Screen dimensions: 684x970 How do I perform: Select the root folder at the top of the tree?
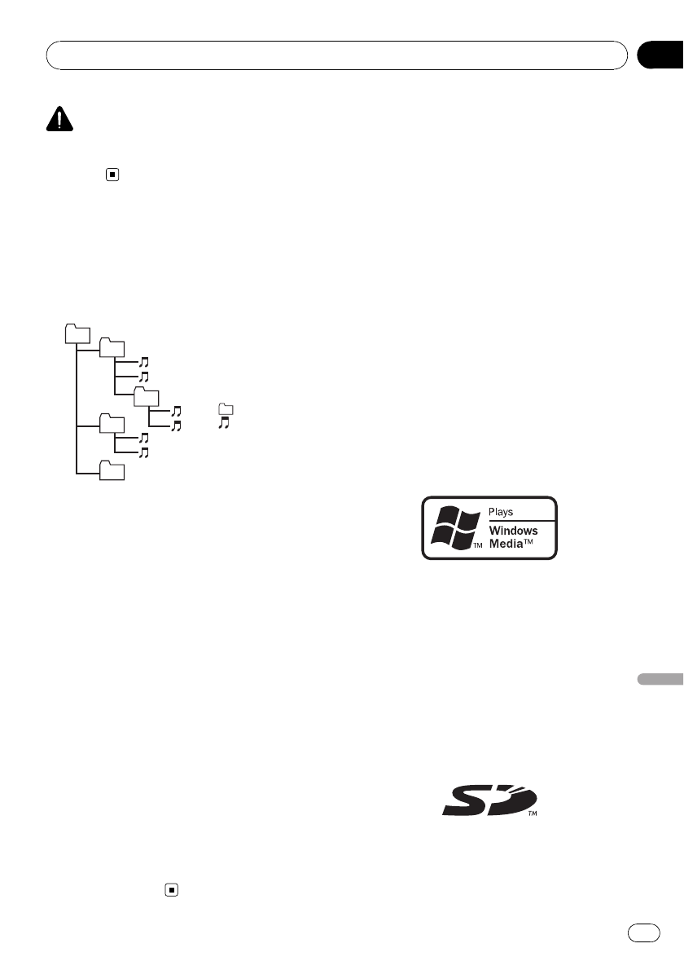(x=76, y=333)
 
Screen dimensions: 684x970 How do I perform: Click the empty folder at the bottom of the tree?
(x=112, y=470)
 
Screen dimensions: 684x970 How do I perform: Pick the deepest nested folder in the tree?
(x=147, y=396)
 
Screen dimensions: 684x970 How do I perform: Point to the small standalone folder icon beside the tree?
(x=226, y=409)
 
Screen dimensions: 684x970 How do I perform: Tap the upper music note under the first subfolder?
(x=143, y=361)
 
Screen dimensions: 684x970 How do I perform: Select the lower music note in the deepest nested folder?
(x=175, y=425)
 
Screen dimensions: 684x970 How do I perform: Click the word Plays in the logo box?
(x=502, y=513)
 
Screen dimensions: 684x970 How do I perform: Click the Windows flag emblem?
(x=452, y=527)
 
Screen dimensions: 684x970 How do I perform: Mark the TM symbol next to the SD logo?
(x=533, y=813)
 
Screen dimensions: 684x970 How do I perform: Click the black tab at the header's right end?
(x=659, y=55)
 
